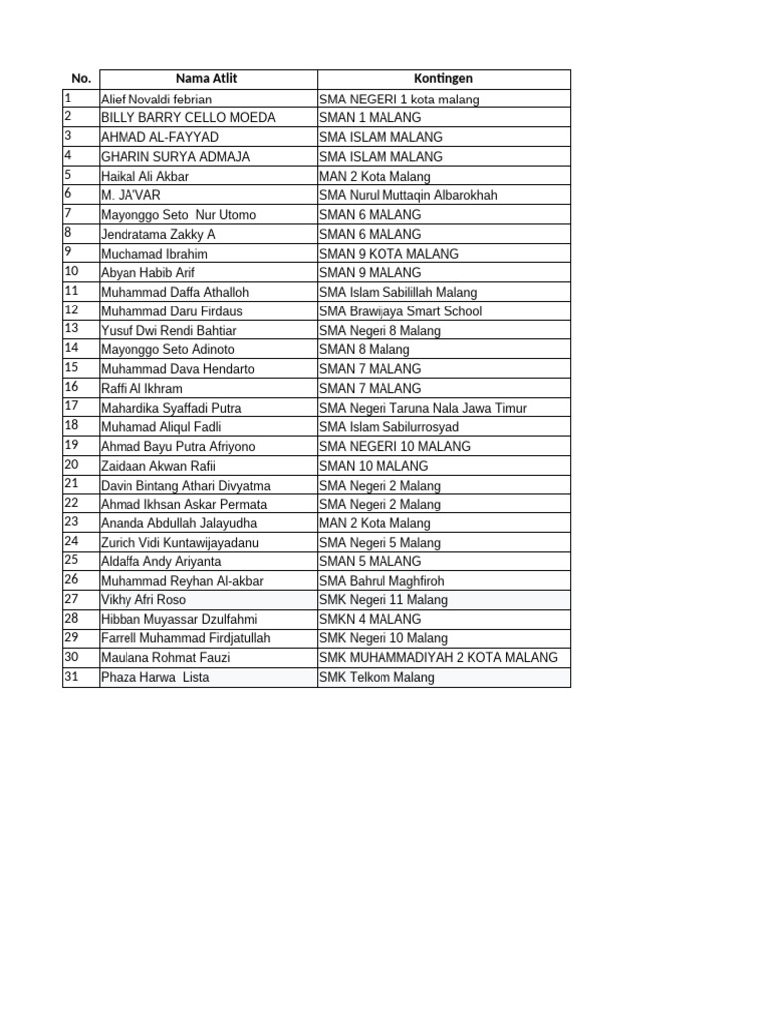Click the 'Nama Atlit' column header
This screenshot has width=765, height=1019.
coord(206,78)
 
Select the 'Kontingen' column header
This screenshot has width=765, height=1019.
coord(443,78)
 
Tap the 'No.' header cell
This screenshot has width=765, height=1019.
coord(81,78)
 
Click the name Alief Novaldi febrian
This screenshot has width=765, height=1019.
coord(156,100)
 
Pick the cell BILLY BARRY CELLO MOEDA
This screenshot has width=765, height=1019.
coord(188,118)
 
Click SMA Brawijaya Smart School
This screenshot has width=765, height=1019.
coord(400,311)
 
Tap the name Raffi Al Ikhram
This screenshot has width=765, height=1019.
coord(141,388)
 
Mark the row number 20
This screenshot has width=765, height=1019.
coord(72,465)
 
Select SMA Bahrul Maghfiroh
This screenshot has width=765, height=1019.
coord(382,581)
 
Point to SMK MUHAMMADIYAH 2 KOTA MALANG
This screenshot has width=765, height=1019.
coord(438,658)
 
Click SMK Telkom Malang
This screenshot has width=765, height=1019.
coord(377,678)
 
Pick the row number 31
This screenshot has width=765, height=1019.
coord(72,677)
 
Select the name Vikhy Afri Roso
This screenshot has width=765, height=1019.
coord(143,600)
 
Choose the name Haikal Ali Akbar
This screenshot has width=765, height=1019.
coord(144,176)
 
